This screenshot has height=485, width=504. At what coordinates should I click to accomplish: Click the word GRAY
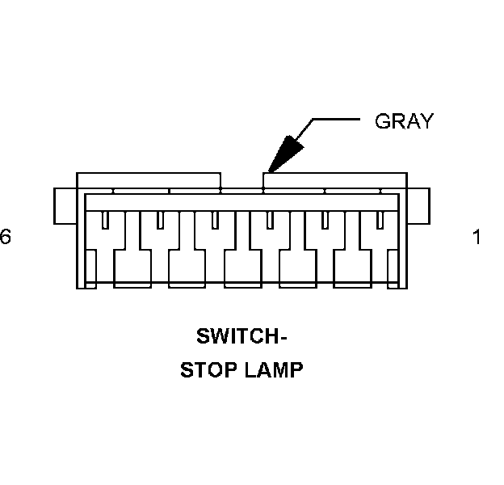pyautogui.click(x=404, y=121)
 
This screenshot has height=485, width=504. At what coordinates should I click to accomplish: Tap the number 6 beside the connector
pyautogui.click(x=6, y=237)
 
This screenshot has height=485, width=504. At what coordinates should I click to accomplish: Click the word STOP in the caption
pyautogui.click(x=207, y=370)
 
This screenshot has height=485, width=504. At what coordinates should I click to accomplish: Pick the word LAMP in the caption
pyautogui.click(x=275, y=370)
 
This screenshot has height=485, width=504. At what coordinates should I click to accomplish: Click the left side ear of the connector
pyautogui.click(x=65, y=206)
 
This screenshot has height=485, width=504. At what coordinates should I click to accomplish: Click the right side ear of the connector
pyautogui.click(x=418, y=206)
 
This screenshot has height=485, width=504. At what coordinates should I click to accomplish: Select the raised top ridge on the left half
pyautogui.click(x=149, y=180)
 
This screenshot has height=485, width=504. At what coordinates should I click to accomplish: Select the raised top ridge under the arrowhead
pyautogui.click(x=334, y=180)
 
